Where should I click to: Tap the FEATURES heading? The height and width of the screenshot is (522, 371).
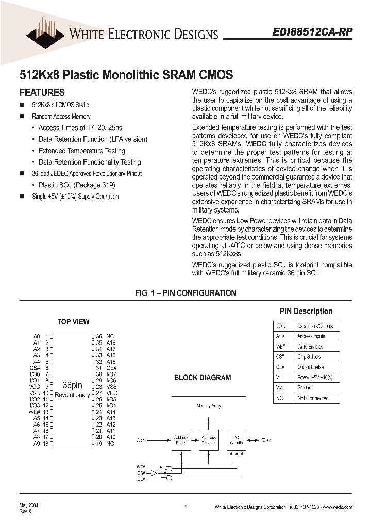(42, 93)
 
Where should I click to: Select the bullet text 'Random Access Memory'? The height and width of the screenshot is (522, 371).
(61, 117)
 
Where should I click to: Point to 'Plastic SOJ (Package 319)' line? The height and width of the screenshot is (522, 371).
(77, 185)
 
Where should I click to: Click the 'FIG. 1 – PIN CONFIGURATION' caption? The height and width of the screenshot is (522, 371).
(185, 293)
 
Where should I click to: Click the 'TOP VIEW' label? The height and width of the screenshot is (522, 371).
(73, 322)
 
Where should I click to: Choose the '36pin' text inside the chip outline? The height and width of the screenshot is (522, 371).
(72, 385)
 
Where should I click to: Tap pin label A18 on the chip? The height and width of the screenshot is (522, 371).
(111, 342)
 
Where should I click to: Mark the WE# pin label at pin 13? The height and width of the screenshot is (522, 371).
(34, 412)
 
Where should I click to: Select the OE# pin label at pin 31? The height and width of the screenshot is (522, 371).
(111, 368)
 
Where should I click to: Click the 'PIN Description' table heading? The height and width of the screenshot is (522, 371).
(306, 311)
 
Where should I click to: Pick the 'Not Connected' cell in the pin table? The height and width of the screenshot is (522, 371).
(313, 398)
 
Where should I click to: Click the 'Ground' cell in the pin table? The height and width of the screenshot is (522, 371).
(305, 388)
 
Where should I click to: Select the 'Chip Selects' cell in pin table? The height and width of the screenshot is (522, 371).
(309, 357)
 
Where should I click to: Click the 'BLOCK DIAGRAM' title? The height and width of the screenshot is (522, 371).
(203, 378)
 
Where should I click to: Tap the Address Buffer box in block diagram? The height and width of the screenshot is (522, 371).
(181, 441)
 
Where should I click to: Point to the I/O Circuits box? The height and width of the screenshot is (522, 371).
(237, 441)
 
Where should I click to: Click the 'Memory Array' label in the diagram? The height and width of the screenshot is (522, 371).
(209, 406)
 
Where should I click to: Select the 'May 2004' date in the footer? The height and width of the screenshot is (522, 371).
(29, 505)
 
